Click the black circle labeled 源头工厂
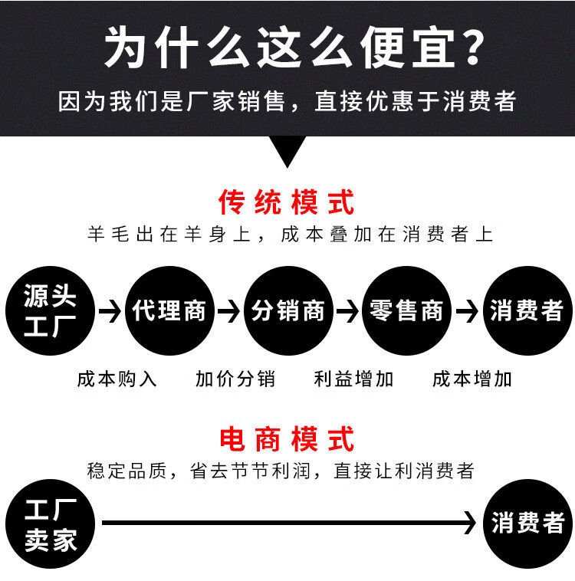tap(49, 310)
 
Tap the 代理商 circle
tap(169, 310)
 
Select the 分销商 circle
tap(288, 310)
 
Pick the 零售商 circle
tap(406, 310)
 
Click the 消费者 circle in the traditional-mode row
tap(527, 310)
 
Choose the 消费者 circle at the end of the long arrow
tap(527, 524)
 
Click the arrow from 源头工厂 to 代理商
tap(110, 311)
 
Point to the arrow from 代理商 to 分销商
tap(228, 311)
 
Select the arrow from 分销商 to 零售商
tap(347, 311)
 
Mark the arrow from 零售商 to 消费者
tap(466, 311)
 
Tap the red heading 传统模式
tap(287, 203)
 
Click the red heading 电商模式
tap(287, 440)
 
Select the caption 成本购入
tap(117, 379)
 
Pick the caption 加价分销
tap(235, 379)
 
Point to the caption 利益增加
tap(353, 379)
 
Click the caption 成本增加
tap(472, 379)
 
